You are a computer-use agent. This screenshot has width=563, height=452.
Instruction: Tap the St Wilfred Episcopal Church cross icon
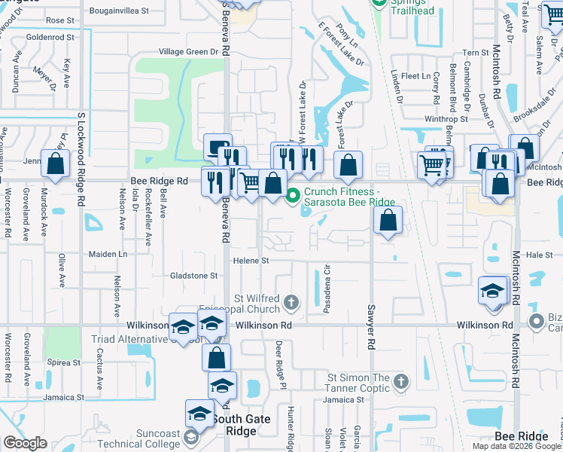[x=292, y=303]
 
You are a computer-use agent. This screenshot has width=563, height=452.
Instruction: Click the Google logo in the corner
[x=25, y=443]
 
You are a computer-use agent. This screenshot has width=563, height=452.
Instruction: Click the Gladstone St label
[x=193, y=276]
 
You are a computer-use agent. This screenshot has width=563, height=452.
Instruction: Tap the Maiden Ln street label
[x=106, y=255]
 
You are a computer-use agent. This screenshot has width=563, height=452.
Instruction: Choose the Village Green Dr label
[x=193, y=52]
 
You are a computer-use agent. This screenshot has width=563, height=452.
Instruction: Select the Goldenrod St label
[x=50, y=36]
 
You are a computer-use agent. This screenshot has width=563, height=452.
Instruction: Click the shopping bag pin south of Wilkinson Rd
[x=216, y=356]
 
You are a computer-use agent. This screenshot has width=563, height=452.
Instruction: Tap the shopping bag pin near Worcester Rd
[x=56, y=163]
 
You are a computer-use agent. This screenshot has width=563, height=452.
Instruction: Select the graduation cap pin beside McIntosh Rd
[x=492, y=291]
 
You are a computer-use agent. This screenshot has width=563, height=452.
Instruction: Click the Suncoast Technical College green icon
[x=190, y=438]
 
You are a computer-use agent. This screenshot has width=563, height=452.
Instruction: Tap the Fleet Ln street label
[x=415, y=76]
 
